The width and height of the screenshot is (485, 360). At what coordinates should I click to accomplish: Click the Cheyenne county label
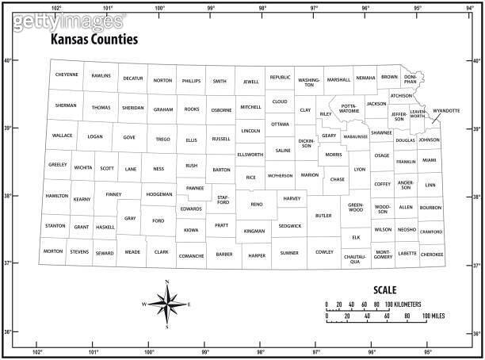[x=67, y=75]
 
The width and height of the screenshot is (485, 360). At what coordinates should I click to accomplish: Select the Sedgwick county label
[x=290, y=226]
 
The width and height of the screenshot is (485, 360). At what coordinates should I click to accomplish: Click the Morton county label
[x=53, y=251]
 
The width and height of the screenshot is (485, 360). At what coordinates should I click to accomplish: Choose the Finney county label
[x=113, y=194]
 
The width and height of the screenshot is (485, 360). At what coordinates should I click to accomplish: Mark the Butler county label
[x=323, y=216]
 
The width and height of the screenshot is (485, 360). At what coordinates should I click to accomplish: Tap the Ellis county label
[x=191, y=140]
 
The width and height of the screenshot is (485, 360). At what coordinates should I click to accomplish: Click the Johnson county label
[x=429, y=140]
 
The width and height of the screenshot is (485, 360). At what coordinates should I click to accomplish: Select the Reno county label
[x=256, y=205]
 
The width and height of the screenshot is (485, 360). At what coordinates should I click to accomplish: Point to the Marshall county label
[x=338, y=79]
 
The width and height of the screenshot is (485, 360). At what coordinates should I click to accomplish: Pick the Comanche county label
[x=191, y=255]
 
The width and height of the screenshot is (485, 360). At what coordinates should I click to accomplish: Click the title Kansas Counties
[x=94, y=39]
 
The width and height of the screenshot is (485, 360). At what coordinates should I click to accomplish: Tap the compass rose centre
[x=166, y=304]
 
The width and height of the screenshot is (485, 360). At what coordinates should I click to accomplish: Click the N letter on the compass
[x=166, y=282]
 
